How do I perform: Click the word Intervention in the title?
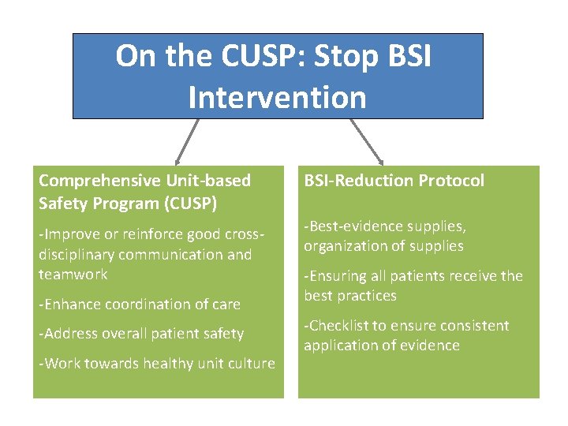click(x=278, y=98)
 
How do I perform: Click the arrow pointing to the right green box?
click(x=367, y=143)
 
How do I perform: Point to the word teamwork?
click(x=73, y=274)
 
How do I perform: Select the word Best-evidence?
click(x=350, y=226)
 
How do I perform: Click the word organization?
click(x=344, y=246)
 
